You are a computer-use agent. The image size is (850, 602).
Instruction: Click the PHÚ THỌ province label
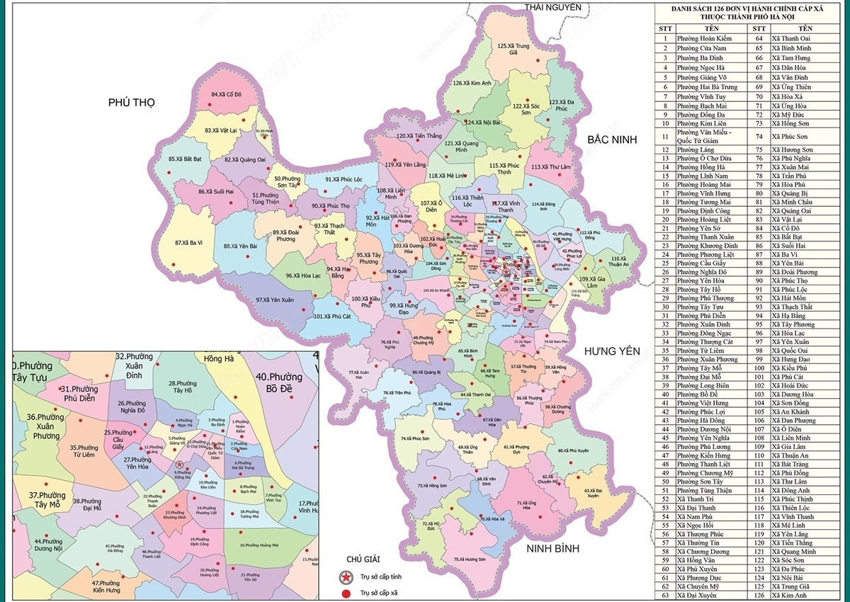click(131, 103)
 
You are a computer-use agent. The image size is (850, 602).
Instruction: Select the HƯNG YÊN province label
click(611, 351)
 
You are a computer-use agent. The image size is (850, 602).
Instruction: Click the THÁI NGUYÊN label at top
click(552, 7)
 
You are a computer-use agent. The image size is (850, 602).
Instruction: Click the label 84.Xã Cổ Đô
click(227, 94)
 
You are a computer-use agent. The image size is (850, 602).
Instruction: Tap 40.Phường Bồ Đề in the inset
click(279, 382)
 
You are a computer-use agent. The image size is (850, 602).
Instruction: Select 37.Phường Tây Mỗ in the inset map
click(47, 499)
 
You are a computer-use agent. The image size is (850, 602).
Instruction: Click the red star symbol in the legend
click(346, 576)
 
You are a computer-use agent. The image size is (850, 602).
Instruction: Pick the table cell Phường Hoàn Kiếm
click(701, 39)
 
